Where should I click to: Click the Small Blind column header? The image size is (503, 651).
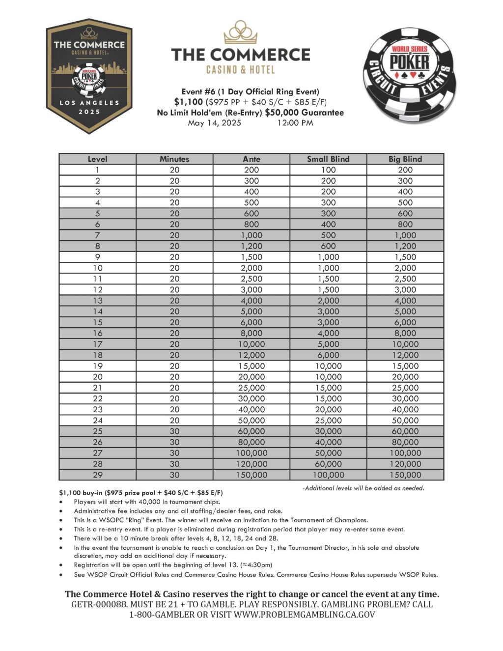click(x=328, y=159)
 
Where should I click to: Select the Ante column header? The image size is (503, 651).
click(x=251, y=159)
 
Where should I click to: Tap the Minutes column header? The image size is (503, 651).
click(x=174, y=159)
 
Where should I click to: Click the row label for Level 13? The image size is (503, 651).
click(x=98, y=301)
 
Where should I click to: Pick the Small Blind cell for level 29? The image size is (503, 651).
click(x=328, y=475)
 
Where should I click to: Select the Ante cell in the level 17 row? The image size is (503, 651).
click(x=251, y=344)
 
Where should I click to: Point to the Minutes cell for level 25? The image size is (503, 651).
click(x=174, y=431)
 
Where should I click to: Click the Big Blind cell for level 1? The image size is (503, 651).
click(x=405, y=170)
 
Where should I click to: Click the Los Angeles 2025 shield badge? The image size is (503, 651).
click(x=89, y=76)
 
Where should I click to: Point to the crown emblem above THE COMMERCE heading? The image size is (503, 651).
click(x=241, y=32)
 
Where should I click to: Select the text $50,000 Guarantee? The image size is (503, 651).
click(x=304, y=113)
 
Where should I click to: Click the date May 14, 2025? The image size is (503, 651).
click(x=214, y=123)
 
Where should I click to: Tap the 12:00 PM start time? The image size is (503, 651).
click(x=295, y=123)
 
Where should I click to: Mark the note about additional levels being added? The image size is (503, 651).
click(x=363, y=488)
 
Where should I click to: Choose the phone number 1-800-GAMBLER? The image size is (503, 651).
click(x=160, y=615)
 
